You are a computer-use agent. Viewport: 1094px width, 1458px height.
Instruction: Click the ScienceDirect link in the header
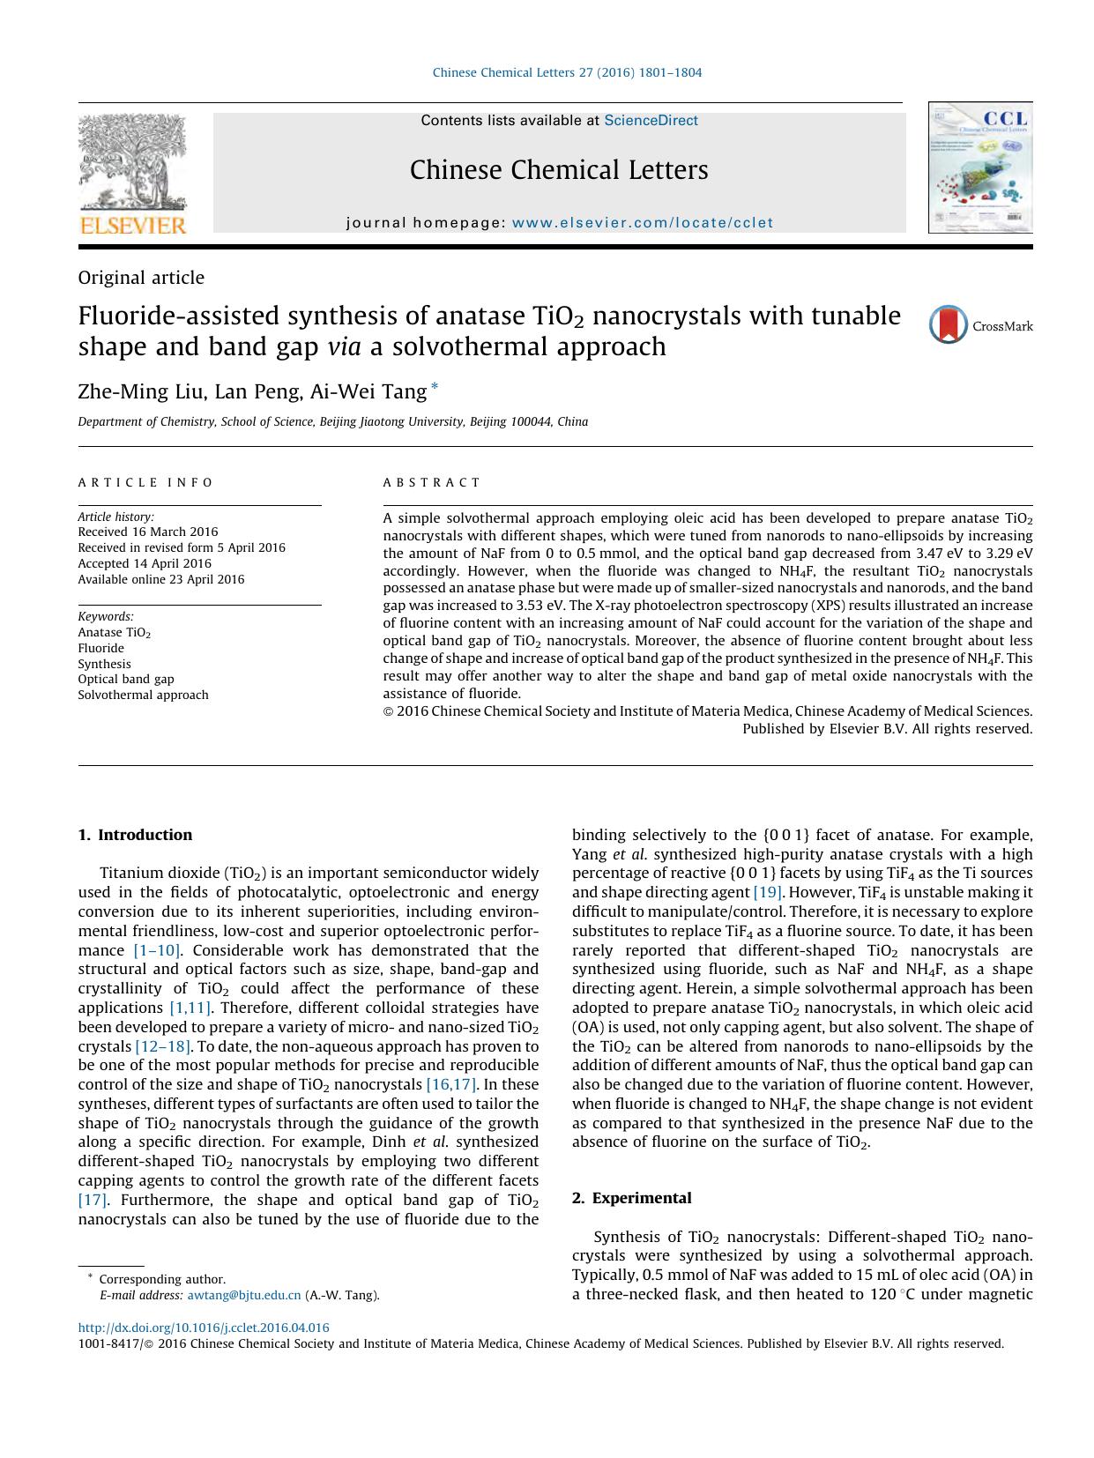click(x=651, y=121)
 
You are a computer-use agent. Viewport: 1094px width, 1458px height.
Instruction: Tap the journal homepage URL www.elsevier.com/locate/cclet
click(x=642, y=223)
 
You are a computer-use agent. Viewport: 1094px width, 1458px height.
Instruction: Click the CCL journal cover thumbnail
click(x=979, y=167)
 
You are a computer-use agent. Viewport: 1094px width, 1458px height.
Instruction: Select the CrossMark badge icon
click(x=949, y=325)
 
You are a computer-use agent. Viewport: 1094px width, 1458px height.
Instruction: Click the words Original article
click(x=141, y=278)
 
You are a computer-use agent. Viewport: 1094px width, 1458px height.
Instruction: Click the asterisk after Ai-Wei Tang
click(x=434, y=387)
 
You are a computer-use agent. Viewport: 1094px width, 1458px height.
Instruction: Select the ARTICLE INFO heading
click(x=146, y=482)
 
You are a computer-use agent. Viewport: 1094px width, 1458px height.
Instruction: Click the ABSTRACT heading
click(x=432, y=482)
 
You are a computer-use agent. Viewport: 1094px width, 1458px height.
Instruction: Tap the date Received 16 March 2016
click(x=148, y=532)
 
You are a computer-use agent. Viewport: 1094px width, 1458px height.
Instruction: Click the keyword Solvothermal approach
click(x=144, y=695)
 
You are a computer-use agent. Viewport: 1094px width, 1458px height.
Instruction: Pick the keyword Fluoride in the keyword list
click(x=101, y=648)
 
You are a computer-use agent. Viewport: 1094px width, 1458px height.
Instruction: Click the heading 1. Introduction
click(x=135, y=835)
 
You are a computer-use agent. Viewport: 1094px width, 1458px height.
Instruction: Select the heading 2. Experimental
click(x=631, y=1198)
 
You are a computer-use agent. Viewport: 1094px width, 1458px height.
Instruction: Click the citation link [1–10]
click(x=157, y=950)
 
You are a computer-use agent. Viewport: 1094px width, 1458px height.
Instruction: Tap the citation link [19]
click(x=768, y=892)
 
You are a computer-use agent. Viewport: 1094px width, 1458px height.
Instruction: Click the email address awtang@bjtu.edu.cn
click(x=244, y=1295)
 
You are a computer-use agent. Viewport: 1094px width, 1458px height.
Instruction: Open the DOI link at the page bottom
click(x=204, y=1328)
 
